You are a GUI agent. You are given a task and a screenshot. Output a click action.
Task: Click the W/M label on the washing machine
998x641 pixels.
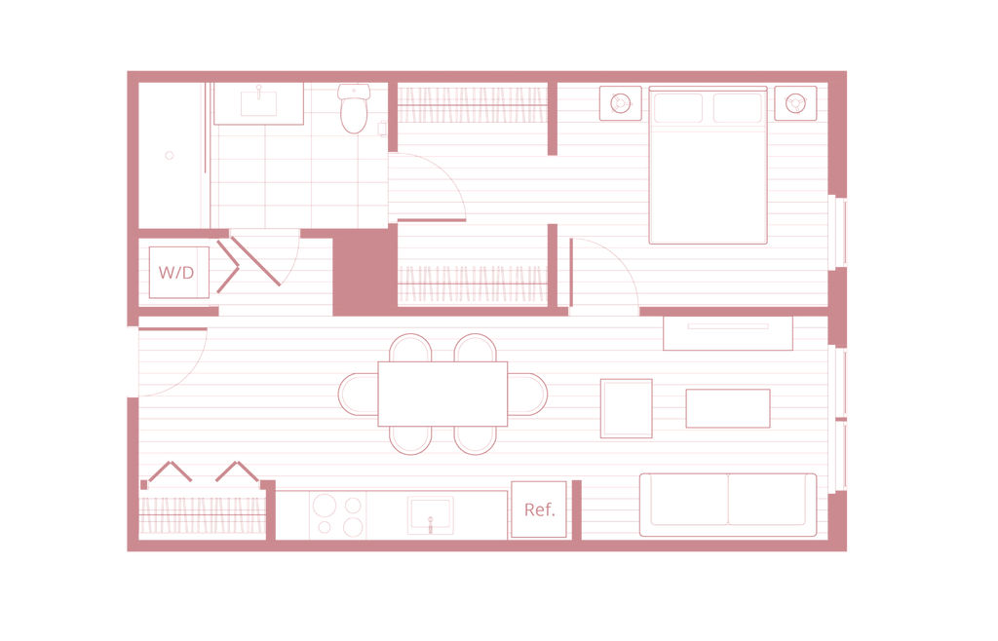coord(174,272)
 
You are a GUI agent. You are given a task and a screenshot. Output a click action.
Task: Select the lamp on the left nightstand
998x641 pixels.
coord(619,101)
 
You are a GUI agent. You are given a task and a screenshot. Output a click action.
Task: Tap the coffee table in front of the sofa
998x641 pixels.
coord(729,408)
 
